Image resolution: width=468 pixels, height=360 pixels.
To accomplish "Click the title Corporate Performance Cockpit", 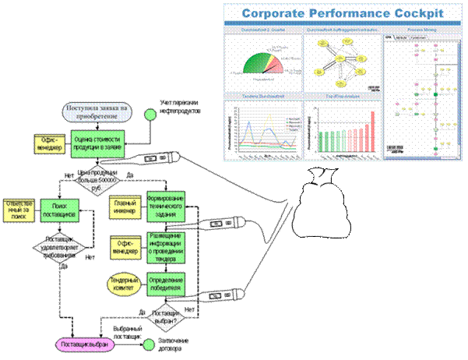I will (x=343, y=13).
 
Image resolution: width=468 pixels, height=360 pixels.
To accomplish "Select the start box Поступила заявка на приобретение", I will (x=99, y=111).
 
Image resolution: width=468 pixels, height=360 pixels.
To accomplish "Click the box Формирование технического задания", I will (x=164, y=206).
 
